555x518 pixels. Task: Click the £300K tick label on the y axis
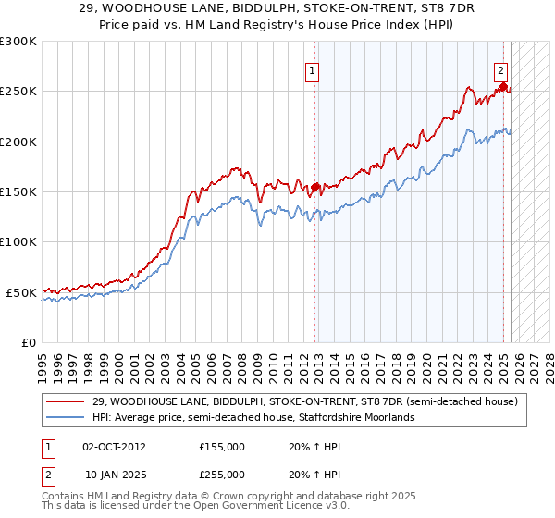tap(18, 42)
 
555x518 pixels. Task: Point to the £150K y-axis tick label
tap(18, 192)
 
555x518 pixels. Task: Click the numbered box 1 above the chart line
tap(313, 70)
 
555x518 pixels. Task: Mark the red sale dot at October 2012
tap(315, 187)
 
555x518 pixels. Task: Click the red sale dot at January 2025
tap(504, 87)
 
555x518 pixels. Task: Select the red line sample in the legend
tap(66, 401)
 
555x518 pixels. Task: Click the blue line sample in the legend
tap(66, 417)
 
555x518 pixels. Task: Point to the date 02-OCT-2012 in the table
tap(114, 446)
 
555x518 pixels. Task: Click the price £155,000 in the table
tap(221, 446)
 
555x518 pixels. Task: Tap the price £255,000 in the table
tap(221, 474)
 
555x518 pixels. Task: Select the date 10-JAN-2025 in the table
tap(114, 474)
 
